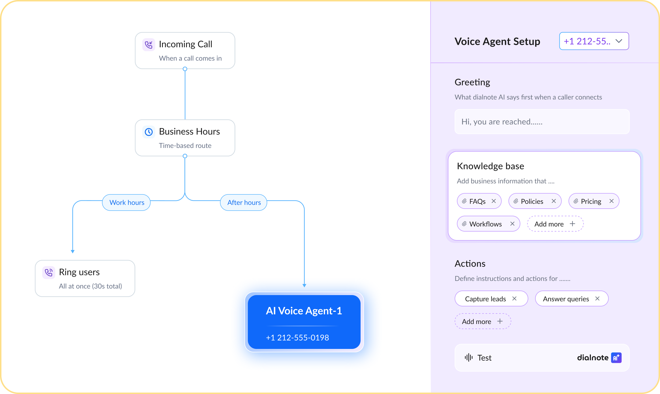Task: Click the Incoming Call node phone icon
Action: tap(149, 45)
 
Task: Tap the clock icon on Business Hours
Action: tap(149, 132)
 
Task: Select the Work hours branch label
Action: tap(127, 202)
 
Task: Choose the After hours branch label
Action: tap(244, 202)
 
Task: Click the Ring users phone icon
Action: tap(49, 272)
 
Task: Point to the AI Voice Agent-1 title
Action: tap(304, 311)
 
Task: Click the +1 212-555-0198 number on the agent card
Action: tap(297, 338)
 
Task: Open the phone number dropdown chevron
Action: tap(619, 41)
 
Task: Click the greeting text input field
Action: tap(542, 122)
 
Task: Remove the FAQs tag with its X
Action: tap(494, 201)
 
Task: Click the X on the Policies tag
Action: tap(554, 201)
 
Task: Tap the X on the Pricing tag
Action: tap(612, 201)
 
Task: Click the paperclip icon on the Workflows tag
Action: tap(464, 224)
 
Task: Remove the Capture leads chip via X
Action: tap(514, 298)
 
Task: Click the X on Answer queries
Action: tap(597, 298)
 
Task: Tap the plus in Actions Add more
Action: tap(500, 321)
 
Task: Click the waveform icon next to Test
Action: tap(469, 357)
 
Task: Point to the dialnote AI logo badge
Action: tap(616, 358)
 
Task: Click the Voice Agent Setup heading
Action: tap(497, 41)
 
